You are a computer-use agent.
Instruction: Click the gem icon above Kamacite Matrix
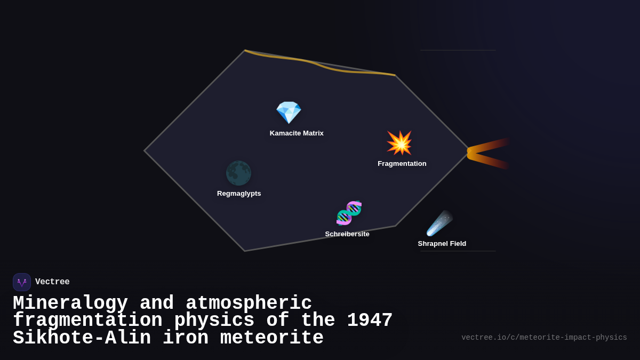click(289, 113)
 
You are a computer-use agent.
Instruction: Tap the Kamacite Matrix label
click(297, 133)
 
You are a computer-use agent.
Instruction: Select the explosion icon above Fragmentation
click(399, 143)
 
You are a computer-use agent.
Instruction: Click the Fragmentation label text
click(402, 164)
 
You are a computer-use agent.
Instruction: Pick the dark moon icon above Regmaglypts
click(238, 173)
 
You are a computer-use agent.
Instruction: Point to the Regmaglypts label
click(239, 194)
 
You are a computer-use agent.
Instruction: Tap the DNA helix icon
click(349, 213)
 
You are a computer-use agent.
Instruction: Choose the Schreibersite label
click(347, 234)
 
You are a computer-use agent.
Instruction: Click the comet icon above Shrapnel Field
click(439, 223)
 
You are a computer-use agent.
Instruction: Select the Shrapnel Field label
click(442, 244)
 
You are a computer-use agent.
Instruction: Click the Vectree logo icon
click(22, 282)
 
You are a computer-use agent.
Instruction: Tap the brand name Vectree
click(52, 282)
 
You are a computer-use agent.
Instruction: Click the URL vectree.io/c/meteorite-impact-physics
click(544, 338)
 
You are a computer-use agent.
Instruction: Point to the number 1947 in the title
click(370, 321)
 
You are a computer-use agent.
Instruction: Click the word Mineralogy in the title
click(70, 303)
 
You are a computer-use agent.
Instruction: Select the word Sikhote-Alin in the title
click(82, 338)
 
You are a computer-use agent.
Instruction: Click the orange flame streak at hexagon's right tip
click(488, 153)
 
